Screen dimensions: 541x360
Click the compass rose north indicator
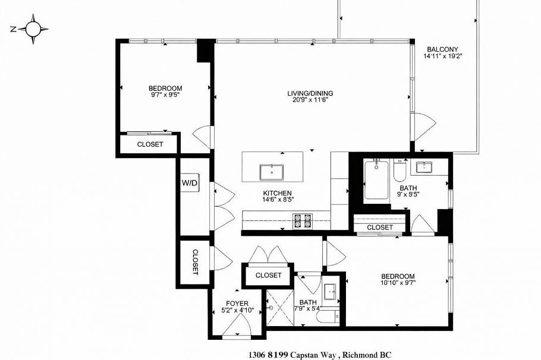[x=14, y=29]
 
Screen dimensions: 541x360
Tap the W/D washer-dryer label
[x=190, y=183]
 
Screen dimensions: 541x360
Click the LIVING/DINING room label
[x=310, y=93]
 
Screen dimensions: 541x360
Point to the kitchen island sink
[x=272, y=172]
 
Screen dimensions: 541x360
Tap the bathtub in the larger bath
[x=376, y=180]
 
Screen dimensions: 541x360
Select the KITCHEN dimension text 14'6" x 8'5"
[x=278, y=200]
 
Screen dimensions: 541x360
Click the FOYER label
[x=237, y=304]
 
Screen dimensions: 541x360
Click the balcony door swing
[x=424, y=127]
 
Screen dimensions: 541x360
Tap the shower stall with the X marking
[x=280, y=308]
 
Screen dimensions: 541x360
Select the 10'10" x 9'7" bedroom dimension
[x=398, y=283]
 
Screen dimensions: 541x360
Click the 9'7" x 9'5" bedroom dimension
[x=165, y=94]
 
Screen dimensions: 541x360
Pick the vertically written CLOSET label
[x=195, y=262]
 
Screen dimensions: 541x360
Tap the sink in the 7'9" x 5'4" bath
[x=332, y=293]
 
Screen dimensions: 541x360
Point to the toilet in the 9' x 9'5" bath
[x=400, y=170]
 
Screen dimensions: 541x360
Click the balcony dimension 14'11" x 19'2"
[x=443, y=56]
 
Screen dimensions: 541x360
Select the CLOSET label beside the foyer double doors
[x=269, y=275]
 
